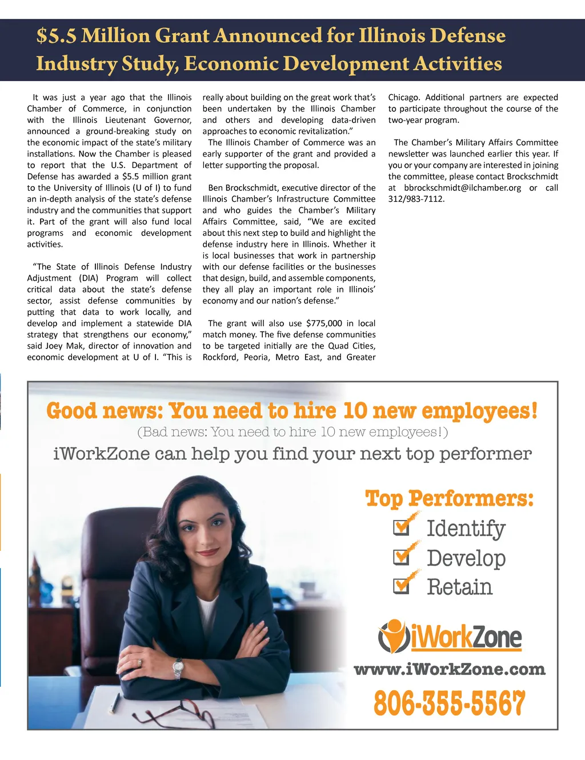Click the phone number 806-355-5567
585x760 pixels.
point(449,703)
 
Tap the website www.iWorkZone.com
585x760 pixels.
point(450,669)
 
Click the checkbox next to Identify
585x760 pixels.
point(402,527)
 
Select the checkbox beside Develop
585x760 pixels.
point(402,557)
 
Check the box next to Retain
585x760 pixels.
point(402,586)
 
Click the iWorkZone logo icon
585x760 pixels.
point(393,636)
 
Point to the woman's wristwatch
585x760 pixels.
point(178,666)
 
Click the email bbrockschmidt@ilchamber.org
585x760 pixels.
point(462,188)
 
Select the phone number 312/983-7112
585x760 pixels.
point(416,199)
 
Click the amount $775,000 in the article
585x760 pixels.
point(324,323)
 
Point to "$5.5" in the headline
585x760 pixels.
point(56,36)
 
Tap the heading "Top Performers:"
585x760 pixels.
point(449,498)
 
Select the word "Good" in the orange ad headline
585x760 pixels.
point(71,410)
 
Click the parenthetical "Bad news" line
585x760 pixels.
point(292,432)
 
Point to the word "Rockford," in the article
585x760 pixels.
point(221,357)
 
